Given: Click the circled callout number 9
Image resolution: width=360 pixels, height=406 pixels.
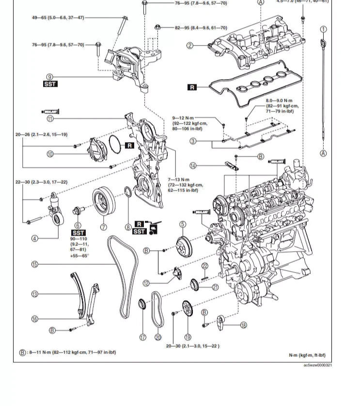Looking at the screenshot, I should click(49, 77).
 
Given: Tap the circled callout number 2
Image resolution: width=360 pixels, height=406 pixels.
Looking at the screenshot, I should click(190, 46).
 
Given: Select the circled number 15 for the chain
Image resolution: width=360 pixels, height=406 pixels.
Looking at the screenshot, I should click(34, 264).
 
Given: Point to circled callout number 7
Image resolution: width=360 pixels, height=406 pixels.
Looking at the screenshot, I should click(103, 227).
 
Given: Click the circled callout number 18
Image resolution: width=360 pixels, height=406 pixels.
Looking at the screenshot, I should click(243, 325).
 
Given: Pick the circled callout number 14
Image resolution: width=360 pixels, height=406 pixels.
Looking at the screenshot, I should click(193, 165).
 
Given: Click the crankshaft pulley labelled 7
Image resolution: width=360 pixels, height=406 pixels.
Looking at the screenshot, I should click(103, 201).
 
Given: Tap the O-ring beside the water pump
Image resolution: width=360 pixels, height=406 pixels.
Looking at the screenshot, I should click(115, 144).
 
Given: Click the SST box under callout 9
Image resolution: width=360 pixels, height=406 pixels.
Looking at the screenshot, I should click(50, 84).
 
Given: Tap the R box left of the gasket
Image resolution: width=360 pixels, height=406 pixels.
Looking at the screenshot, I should click(192, 87).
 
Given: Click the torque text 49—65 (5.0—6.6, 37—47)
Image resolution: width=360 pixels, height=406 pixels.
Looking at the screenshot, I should click(58, 17).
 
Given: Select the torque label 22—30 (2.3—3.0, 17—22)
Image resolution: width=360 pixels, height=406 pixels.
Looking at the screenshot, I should click(41, 182).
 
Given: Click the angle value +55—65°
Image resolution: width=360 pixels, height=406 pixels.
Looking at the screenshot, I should click(79, 256).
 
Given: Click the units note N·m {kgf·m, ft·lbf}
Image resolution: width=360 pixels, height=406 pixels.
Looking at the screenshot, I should click(307, 355).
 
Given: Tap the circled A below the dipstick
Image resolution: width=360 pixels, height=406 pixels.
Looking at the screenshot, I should click(323, 153).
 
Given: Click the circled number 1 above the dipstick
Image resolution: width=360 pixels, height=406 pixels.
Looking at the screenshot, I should click(323, 30).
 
